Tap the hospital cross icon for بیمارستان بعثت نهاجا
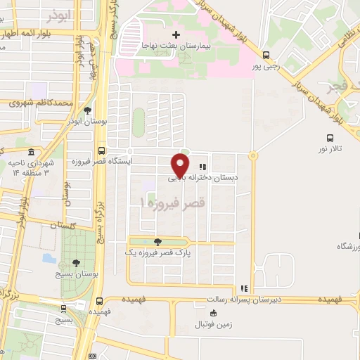coord(176,34)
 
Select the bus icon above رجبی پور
coord(265,55)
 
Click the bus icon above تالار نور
coord(329,139)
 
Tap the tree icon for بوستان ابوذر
coord(86,110)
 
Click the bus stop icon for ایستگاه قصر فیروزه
coord(102,150)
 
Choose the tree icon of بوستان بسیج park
coord(76,262)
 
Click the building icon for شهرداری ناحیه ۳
coord(30,152)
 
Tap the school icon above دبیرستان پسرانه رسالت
coord(244,288)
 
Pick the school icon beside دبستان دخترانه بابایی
coord(202,167)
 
